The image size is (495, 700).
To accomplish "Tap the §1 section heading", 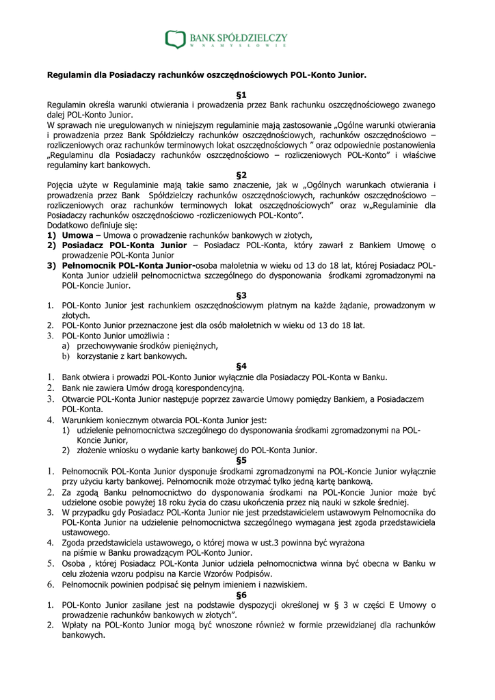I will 241,95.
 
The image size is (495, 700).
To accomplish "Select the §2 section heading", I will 241,175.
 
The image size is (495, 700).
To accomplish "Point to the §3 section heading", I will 241,295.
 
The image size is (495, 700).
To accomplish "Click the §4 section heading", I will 241,366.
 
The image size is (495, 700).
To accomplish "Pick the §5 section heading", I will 241,460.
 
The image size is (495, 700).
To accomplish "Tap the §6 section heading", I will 241,595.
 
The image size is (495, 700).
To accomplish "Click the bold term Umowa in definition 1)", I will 77,234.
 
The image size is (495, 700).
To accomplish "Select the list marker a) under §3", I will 66,346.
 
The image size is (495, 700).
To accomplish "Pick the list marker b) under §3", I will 66,356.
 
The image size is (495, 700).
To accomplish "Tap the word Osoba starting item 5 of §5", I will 75,563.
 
